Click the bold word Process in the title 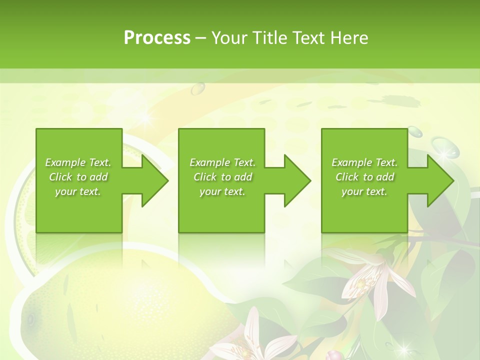pos(157,38)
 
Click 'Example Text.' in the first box pos(78,162)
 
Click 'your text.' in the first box pos(78,191)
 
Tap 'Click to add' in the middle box pos(222,177)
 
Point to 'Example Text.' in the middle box pos(222,162)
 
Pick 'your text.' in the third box pos(364,191)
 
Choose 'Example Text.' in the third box pos(364,162)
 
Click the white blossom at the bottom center pos(260,340)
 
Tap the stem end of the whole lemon pos(31,319)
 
